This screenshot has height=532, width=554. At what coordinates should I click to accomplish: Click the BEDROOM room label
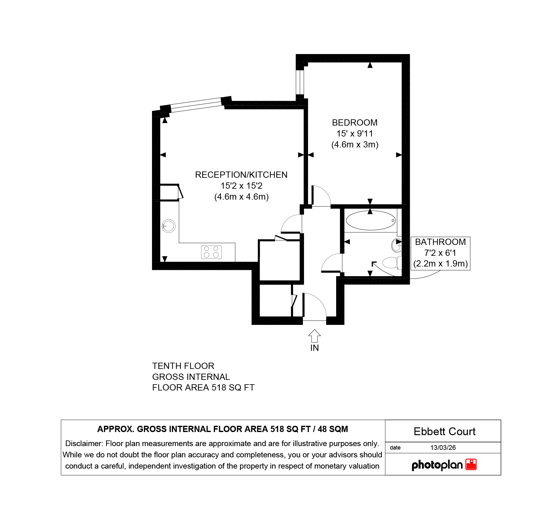click(355, 122)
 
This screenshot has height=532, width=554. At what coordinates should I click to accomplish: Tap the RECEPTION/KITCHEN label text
click(241, 175)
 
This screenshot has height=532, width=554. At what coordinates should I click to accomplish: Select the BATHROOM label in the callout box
click(440, 242)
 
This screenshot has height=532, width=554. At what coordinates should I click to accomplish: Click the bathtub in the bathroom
click(371, 221)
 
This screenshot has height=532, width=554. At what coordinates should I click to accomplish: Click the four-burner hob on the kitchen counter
click(211, 252)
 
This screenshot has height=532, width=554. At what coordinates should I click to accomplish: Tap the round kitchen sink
click(169, 226)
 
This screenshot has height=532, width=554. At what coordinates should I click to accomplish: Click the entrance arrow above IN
click(315, 336)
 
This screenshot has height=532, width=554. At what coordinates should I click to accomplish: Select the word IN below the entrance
click(315, 348)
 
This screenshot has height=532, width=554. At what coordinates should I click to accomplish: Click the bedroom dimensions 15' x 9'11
click(355, 133)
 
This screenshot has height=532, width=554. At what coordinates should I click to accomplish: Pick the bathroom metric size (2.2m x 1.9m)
click(440, 264)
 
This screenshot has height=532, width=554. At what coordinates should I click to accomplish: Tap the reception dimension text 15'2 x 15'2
click(241, 186)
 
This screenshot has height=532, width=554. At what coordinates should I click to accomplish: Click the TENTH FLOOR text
click(183, 366)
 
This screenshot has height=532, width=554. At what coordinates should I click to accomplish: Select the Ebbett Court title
click(444, 431)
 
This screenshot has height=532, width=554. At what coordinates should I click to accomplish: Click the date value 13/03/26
click(443, 448)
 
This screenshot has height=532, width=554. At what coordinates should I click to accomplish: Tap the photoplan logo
click(444, 465)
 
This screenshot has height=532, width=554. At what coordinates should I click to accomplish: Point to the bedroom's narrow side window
click(300, 82)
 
